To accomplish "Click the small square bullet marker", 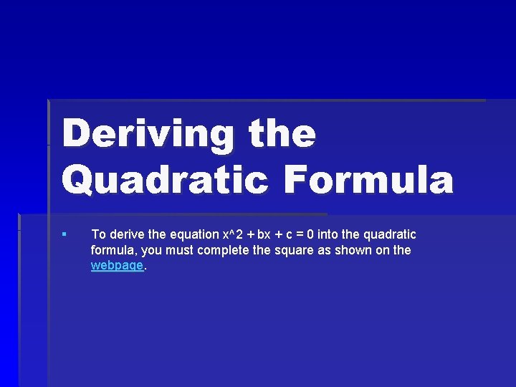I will click(x=64, y=234).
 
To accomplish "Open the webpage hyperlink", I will click(x=118, y=265).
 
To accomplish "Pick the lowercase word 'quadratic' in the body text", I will click(x=391, y=234).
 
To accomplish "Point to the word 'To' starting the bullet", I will click(x=98, y=234).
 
